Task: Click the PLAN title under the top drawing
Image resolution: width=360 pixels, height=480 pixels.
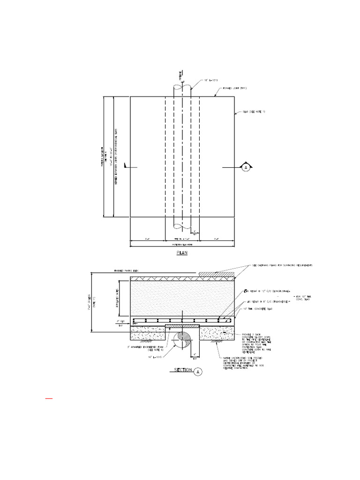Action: click(x=181, y=252)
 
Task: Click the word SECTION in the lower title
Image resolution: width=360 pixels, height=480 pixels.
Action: click(x=182, y=370)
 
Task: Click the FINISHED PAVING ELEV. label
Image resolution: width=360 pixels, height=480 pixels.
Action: click(x=127, y=270)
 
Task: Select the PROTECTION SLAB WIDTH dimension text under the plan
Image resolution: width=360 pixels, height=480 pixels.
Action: click(x=182, y=244)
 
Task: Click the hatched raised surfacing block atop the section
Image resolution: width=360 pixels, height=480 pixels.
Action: click(x=216, y=273)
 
